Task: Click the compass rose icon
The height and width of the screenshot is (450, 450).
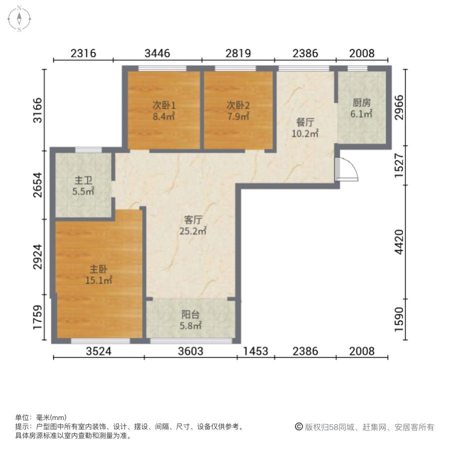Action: pyautogui.click(x=19, y=19)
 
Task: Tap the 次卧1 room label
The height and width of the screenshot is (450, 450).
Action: pyautogui.click(x=164, y=105)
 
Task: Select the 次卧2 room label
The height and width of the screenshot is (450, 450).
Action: pyautogui.click(x=238, y=105)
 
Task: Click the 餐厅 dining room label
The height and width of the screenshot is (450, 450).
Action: pyautogui.click(x=305, y=122)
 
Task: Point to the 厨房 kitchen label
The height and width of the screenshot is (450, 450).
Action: pyautogui.click(x=361, y=102)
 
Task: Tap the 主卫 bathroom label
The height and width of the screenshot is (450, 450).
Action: pyautogui.click(x=83, y=180)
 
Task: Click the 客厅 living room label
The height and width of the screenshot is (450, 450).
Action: pyautogui.click(x=193, y=220)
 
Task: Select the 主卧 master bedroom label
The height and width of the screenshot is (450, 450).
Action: pyautogui.click(x=98, y=269)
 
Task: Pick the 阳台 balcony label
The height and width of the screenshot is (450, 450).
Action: pyautogui.click(x=190, y=314)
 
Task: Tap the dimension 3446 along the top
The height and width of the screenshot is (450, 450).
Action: pyautogui.click(x=157, y=53)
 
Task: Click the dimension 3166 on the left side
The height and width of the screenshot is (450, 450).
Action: pyautogui.click(x=37, y=110)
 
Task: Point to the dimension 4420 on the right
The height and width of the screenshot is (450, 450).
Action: pyautogui.click(x=399, y=242)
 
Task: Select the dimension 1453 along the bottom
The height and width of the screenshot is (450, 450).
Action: pyautogui.click(x=255, y=351)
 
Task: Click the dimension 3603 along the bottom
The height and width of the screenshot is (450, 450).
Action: pyautogui.click(x=190, y=351)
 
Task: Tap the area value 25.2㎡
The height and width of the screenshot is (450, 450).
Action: pyautogui.click(x=193, y=230)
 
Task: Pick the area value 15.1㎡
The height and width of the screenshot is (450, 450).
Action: pyautogui.click(x=98, y=280)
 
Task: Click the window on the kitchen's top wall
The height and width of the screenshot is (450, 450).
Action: pyautogui.click(x=357, y=68)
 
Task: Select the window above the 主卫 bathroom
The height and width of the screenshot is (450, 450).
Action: pyautogui.click(x=88, y=150)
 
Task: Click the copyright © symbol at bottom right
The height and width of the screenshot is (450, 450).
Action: pyautogui.click(x=299, y=427)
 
